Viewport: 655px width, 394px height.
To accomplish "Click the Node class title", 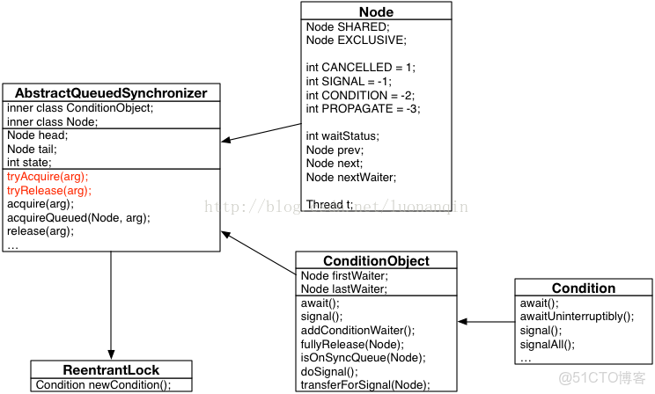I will click(x=376, y=11).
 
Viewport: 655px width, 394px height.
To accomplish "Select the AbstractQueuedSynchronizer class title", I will click(x=111, y=93).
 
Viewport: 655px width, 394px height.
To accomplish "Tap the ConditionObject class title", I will click(x=376, y=261).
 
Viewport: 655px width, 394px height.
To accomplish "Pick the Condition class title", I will click(x=583, y=288).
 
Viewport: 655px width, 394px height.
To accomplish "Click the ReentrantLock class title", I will click(x=111, y=369).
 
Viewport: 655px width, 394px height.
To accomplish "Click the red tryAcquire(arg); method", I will click(x=48, y=177).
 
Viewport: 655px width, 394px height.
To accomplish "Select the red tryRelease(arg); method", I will click(x=49, y=190).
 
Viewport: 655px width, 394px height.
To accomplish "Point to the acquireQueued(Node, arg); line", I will click(x=78, y=217).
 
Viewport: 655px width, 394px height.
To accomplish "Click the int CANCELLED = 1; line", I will click(x=360, y=68).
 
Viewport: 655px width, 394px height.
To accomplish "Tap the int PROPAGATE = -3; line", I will click(x=363, y=108).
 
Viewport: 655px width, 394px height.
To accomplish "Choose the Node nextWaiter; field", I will click(x=351, y=177).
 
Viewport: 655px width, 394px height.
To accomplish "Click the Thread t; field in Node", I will click(x=329, y=204).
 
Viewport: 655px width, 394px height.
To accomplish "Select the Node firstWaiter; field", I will click(x=344, y=275).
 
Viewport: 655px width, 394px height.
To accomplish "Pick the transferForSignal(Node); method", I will click(x=365, y=384).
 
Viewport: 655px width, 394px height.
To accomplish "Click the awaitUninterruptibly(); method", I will click(x=576, y=317).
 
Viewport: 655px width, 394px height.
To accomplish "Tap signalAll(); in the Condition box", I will click(x=547, y=344).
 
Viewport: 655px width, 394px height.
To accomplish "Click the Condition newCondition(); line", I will click(x=103, y=384).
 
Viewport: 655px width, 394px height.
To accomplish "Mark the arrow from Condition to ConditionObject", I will click(x=486, y=322).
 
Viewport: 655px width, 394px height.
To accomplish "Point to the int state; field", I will click(x=29, y=162).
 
